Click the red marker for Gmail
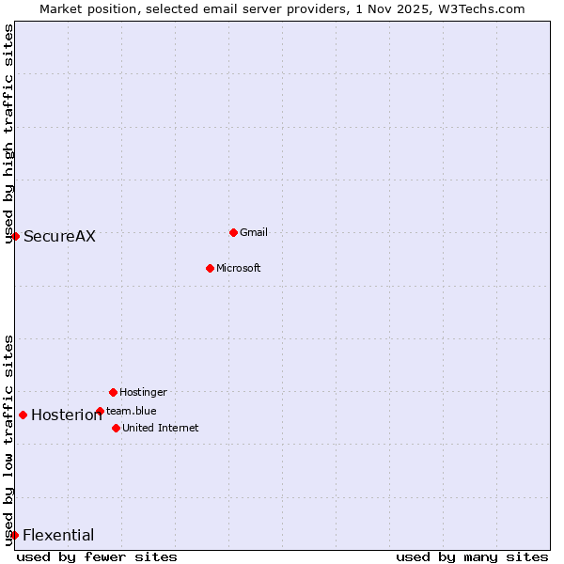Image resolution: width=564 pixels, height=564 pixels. click(233, 232)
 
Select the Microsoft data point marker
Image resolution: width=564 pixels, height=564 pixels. click(210, 268)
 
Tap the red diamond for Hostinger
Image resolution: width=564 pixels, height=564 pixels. click(113, 392)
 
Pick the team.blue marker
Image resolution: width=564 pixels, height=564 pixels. click(100, 411)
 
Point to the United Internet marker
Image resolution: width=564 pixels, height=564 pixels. click(116, 428)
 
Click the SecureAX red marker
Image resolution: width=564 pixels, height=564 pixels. click(15, 236)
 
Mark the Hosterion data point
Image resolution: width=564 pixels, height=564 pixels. click(23, 415)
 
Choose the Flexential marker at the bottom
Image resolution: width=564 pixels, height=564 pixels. click(14, 535)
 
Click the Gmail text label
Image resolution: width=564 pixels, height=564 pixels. click(254, 232)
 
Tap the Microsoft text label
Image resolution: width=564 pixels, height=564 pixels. click(238, 268)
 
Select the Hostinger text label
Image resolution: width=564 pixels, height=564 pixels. click(143, 392)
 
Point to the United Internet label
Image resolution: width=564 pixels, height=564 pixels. click(160, 428)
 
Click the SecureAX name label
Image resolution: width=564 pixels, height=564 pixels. click(59, 236)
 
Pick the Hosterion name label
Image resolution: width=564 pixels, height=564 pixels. click(66, 415)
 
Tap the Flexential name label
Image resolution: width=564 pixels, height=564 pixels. click(58, 535)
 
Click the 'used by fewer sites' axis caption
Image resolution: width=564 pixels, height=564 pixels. click(97, 556)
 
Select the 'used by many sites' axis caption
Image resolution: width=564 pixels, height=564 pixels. click(472, 556)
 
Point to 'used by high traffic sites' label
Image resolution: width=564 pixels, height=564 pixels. click(8, 133)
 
